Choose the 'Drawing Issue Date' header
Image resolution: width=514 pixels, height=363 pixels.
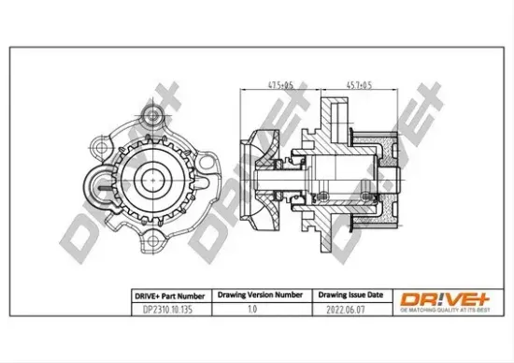point(346,293)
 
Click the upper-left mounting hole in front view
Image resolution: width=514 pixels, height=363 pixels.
point(98,147)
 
